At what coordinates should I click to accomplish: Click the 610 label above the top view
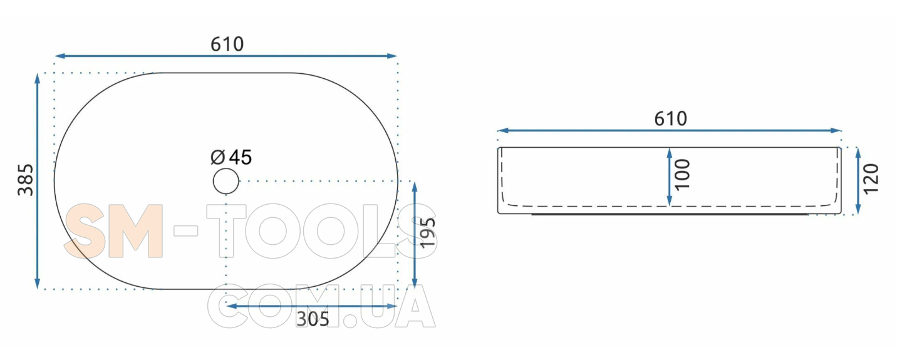click(227, 44)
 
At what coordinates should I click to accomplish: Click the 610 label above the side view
click(670, 118)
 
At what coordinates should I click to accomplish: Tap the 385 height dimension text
click(26, 180)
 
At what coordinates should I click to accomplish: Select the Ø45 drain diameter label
click(231, 157)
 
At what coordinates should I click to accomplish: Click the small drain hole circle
click(226, 181)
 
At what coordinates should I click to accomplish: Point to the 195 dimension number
click(428, 233)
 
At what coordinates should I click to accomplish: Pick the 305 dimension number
click(313, 319)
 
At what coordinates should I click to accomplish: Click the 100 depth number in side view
click(683, 175)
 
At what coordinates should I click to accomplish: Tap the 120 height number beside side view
click(871, 179)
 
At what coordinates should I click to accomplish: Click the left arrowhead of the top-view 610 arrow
click(59, 56)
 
